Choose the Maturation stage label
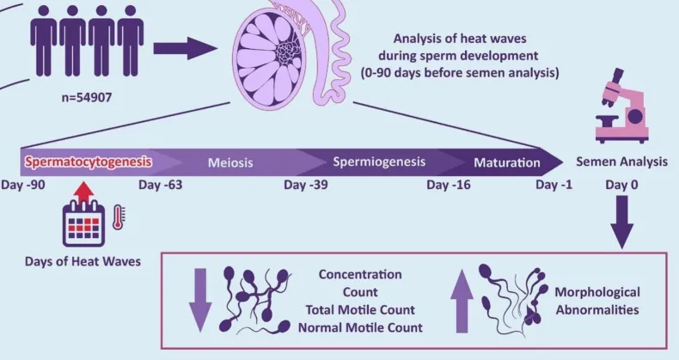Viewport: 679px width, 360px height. pos(507,161)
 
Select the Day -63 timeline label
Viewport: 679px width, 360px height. pos(160,184)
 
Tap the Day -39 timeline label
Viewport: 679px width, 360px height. pos(308,184)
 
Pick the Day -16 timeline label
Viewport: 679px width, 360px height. pos(451,184)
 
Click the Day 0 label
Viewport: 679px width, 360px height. pos(624,184)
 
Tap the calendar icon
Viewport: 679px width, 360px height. pos(84,226)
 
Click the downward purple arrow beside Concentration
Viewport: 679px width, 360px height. pos(199,299)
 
